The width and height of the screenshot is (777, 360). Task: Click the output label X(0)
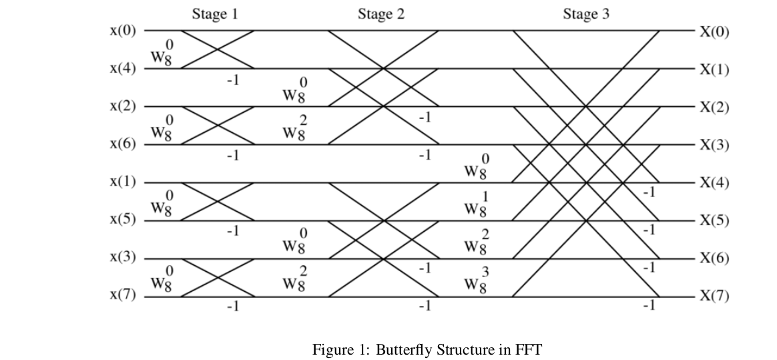click(714, 31)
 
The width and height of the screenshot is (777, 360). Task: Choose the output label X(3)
click(714, 145)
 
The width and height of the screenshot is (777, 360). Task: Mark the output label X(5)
click(714, 220)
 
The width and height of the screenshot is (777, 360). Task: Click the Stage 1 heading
click(215, 13)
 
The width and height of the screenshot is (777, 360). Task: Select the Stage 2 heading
click(380, 13)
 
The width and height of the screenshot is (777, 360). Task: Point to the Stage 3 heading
click(586, 13)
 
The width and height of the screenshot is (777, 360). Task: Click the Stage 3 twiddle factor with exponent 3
click(477, 282)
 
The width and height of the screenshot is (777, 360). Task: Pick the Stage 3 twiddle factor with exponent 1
click(477, 206)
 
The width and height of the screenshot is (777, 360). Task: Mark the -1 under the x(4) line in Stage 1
click(232, 79)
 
